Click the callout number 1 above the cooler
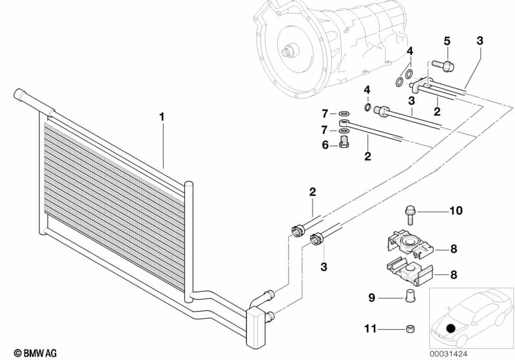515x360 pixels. pos(162,117)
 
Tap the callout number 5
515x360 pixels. pos(447,41)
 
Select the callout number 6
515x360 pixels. pos(325,145)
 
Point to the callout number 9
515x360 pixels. pos(371,298)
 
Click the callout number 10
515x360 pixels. pos(456,211)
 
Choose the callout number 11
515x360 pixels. pos(370,328)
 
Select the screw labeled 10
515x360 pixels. pos(409,215)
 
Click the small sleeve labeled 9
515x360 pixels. pos(409,296)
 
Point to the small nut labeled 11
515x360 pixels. pos(409,328)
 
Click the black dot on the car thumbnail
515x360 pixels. pos(451,328)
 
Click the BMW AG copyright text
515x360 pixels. pos(35,353)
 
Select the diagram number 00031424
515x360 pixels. pos(449,354)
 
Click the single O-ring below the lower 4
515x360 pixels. pos(368,107)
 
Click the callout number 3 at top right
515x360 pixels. pos(480,41)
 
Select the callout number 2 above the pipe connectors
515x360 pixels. pos(313,192)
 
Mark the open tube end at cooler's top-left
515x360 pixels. pos(18,94)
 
